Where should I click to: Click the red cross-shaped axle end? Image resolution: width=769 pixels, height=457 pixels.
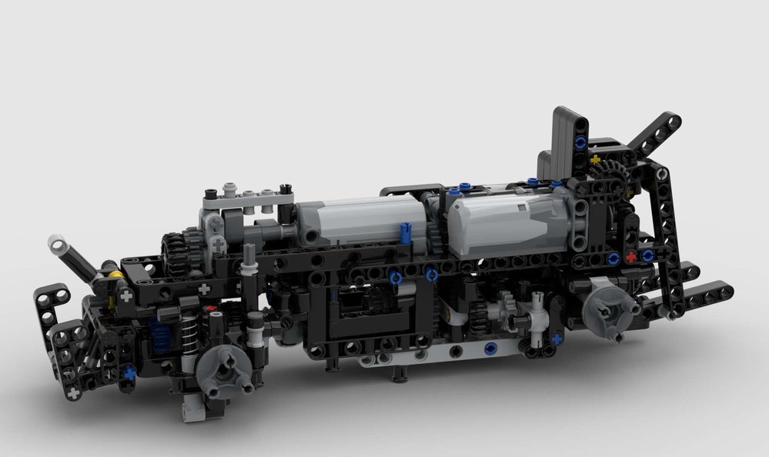coord(631,257)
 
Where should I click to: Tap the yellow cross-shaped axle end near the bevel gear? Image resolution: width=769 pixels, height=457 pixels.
coord(595,160)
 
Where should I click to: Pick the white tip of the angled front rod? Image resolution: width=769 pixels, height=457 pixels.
coord(56,244)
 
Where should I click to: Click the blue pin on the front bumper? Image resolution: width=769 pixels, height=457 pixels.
coord(129,372)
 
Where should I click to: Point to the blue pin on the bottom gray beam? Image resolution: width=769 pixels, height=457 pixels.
coord(490,349)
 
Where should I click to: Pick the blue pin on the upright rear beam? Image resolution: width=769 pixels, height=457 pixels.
coord(579,142)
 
